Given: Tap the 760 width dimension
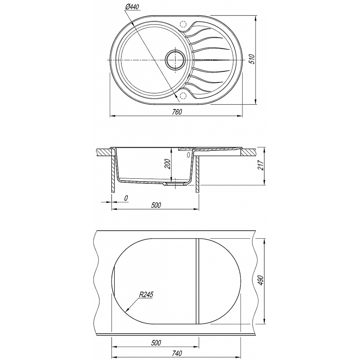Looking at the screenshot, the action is point(177,112).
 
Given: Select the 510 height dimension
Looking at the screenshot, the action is point(252,59).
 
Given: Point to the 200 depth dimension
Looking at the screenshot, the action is point(168,164).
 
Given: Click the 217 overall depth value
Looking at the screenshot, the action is point(261,165).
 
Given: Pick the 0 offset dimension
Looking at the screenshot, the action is point(126,198).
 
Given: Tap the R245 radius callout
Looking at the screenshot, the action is point(146,294).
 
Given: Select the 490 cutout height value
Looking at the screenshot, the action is point(261,280).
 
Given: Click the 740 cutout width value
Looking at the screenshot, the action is point(177,353).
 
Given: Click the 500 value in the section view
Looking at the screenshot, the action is point(156,205).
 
